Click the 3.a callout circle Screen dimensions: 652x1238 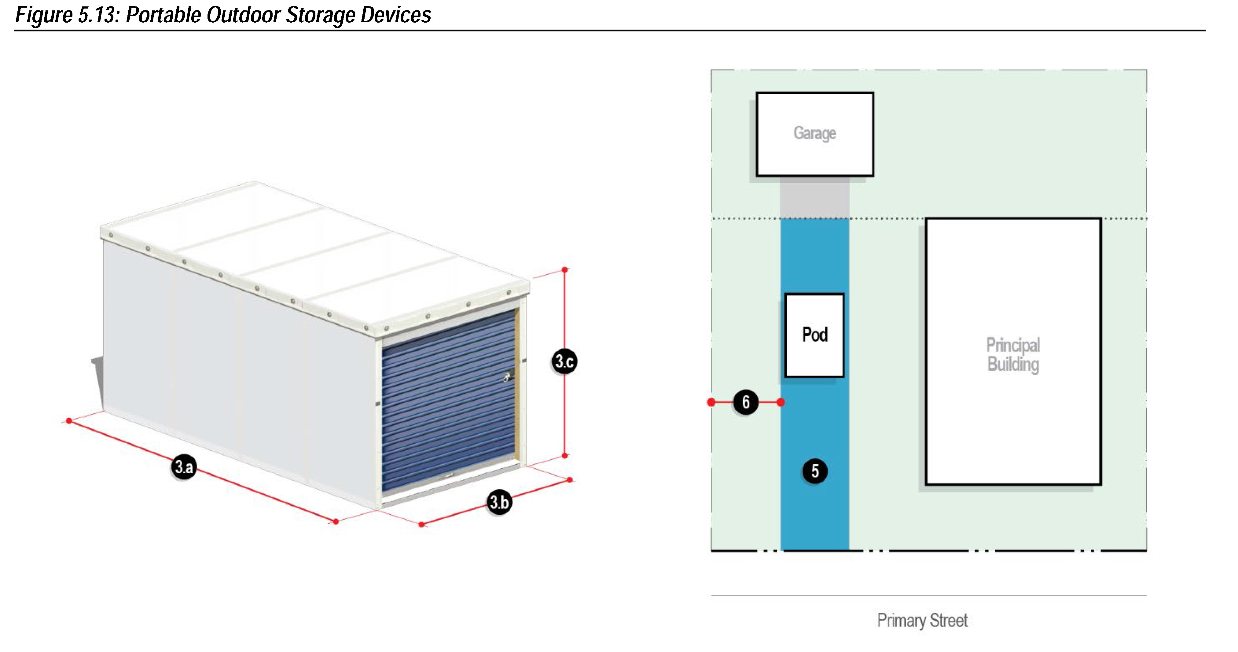pyautogui.click(x=184, y=467)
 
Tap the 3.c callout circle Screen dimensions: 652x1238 pyautogui.click(x=564, y=361)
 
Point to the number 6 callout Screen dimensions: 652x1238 pyautogui.click(x=745, y=402)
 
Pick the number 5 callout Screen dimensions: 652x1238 pyautogui.click(x=815, y=471)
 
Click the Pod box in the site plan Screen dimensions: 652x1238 pyautogui.click(x=814, y=335)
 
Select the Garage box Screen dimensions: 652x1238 pyautogui.click(x=815, y=134)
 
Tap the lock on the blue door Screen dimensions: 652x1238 pyautogui.click(x=507, y=377)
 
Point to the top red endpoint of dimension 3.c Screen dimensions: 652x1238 pyautogui.click(x=565, y=270)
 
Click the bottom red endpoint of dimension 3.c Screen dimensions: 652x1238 pyautogui.click(x=565, y=456)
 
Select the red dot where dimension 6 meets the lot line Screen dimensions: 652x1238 pyautogui.click(x=711, y=402)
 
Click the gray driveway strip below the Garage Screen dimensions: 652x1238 pyautogui.click(x=815, y=197)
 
